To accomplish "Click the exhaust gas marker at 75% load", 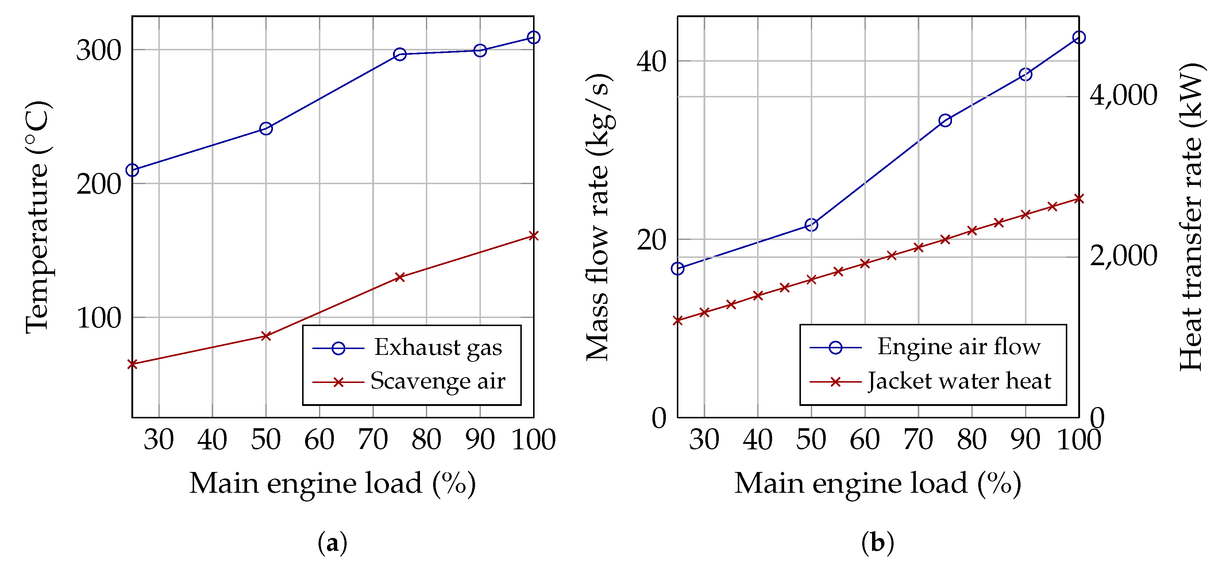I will (400, 54).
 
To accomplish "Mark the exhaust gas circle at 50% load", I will (266, 128).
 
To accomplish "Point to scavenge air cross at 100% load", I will (533, 236).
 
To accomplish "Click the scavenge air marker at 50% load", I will (266, 336).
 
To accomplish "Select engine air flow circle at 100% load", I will (1079, 38).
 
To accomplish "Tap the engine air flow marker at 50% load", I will (811, 225).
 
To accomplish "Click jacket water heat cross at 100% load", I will (1079, 199).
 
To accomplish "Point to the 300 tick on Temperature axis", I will (99, 50).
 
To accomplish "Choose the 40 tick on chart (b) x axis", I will (758, 440).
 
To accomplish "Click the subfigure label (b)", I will (878, 543).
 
